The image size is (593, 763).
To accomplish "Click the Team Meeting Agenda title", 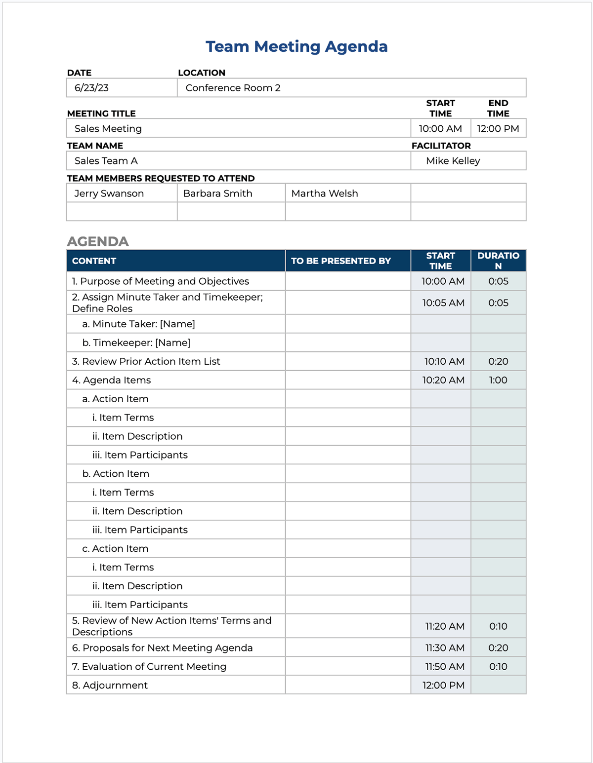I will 296,46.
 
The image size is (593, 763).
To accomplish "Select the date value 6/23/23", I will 91,88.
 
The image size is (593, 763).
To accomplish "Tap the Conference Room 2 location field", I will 233,88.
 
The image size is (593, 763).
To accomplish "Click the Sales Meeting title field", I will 108,129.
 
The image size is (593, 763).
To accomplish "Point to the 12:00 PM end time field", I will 498,129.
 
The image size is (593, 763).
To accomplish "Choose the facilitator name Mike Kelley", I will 453,161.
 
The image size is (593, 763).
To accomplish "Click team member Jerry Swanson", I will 109,193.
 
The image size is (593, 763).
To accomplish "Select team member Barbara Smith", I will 217,193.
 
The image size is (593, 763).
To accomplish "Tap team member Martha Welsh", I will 324,193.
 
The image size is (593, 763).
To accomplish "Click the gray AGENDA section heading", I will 98,241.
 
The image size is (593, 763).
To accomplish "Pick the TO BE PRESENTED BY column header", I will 340,261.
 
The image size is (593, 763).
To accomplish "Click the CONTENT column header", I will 94,261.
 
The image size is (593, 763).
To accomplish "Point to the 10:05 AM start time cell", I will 443,303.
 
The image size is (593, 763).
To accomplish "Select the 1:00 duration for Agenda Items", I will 498,381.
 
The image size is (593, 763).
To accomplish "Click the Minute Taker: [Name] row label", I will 138,324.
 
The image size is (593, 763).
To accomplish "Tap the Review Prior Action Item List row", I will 146,362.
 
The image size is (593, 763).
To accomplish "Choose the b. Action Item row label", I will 116,474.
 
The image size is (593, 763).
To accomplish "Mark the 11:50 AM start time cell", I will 444,667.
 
